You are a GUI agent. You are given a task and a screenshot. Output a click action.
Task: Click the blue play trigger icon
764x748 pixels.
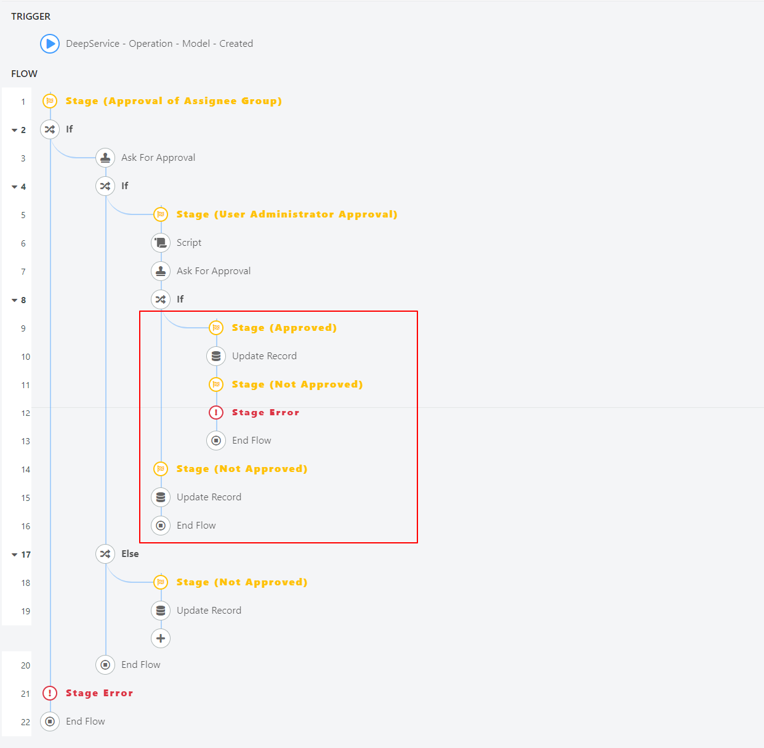point(50,44)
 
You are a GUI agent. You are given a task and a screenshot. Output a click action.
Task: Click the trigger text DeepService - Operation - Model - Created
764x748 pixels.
point(159,44)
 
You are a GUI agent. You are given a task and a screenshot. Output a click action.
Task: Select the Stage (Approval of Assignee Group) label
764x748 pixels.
point(174,101)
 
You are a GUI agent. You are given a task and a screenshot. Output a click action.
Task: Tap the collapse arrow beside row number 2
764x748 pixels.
point(15,130)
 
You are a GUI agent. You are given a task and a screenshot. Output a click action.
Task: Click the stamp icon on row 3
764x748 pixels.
point(105,158)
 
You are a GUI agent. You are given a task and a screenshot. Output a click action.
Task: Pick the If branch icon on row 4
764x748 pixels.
point(105,186)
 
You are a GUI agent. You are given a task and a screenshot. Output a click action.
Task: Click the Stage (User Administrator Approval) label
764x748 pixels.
point(287,214)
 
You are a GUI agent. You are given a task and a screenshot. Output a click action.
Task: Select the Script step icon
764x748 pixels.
point(161,243)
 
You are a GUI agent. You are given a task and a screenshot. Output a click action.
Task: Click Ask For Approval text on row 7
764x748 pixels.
point(214,271)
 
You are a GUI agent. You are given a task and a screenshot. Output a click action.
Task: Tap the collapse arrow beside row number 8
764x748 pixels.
point(15,300)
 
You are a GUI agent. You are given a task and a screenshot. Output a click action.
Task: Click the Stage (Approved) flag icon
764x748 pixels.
point(216,328)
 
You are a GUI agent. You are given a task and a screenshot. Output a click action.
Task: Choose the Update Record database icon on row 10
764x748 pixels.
point(216,356)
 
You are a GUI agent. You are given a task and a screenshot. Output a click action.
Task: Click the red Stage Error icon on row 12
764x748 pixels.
point(216,412)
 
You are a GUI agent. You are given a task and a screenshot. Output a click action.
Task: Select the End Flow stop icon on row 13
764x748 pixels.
point(216,441)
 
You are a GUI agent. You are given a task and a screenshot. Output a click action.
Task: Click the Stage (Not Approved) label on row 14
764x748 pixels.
point(242,469)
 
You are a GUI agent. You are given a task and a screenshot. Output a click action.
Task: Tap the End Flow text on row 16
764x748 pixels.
point(196,526)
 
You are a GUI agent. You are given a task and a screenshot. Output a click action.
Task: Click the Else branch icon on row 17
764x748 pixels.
point(105,554)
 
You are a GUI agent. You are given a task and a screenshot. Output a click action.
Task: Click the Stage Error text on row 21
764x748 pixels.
point(99,693)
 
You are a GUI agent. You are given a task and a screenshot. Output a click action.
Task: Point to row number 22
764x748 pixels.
point(25,722)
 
